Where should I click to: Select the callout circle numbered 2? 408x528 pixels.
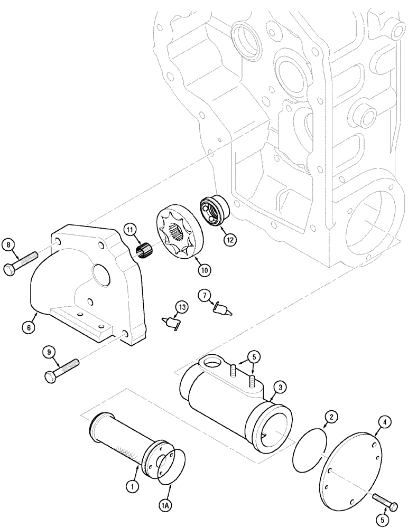(x=330, y=418)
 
